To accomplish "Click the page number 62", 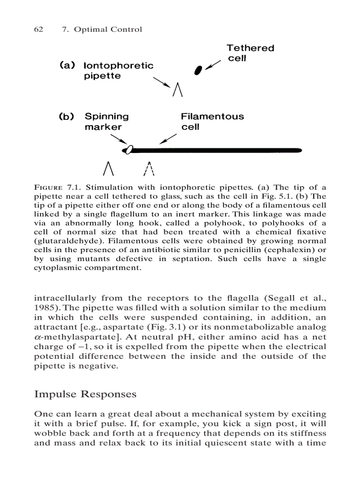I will (38, 30).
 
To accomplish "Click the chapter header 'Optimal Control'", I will (108, 30).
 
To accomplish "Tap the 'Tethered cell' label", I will (250, 53).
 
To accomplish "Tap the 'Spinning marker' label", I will (106, 122).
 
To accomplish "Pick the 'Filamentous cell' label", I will (212, 122).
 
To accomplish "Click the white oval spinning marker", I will (128, 150).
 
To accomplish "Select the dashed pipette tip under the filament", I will (150, 168).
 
